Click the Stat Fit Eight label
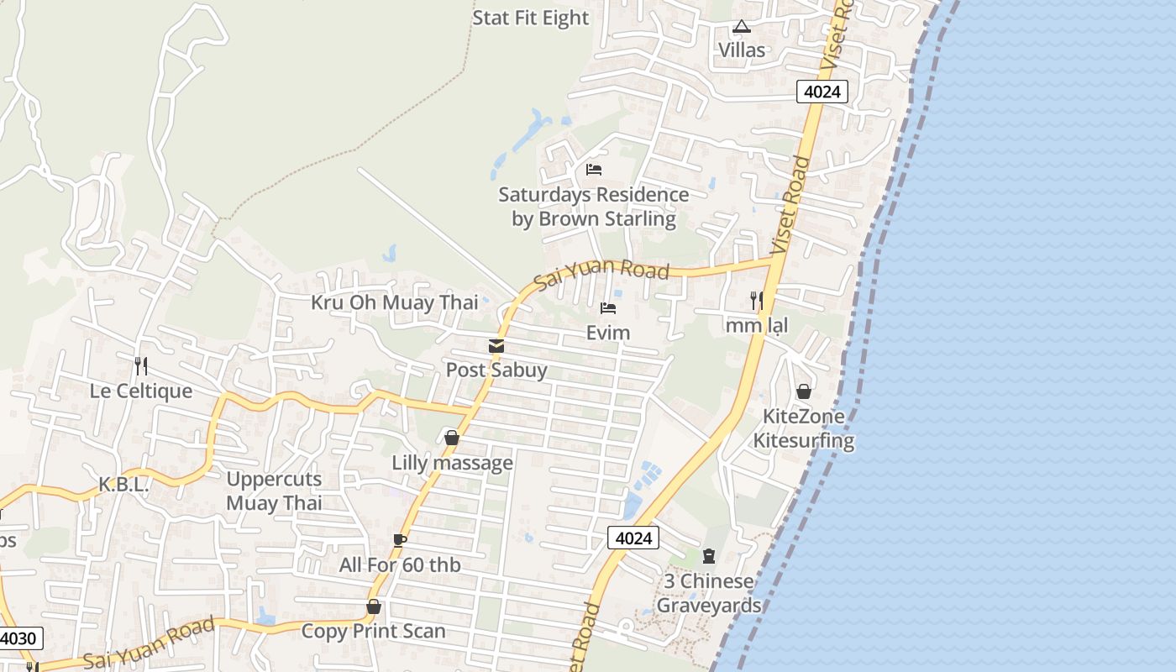(531, 18)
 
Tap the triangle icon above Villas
(741, 27)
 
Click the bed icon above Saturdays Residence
(594, 170)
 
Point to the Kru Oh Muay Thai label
(394, 302)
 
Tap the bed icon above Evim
(608, 308)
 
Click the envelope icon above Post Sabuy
(496, 346)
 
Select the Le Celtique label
(141, 391)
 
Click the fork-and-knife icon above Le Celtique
(141, 365)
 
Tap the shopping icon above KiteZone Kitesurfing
(804, 391)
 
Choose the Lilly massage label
(452, 463)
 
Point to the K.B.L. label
(123, 485)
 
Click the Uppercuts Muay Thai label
(274, 491)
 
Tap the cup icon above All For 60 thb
(400, 540)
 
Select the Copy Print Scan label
(374, 631)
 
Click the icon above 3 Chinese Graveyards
(709, 556)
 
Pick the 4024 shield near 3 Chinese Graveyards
(633, 538)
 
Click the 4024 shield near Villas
(822, 92)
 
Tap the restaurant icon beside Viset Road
(756, 300)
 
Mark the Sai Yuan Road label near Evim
(601, 272)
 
